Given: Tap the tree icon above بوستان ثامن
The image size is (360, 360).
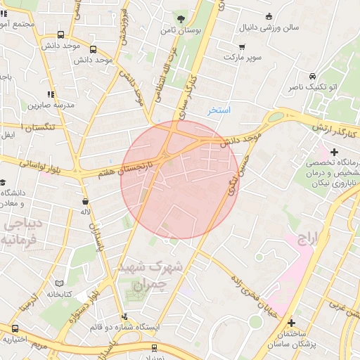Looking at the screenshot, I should point(181,19).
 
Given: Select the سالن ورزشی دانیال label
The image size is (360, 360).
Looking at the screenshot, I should point(271,29).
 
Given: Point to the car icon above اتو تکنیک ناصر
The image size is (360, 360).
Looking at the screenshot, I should point(310,76).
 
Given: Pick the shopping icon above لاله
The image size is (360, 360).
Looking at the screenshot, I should point(85,200).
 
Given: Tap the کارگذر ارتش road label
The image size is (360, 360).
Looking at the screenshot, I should point(335,129).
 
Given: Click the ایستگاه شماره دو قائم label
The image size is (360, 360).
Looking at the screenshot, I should point(129,328).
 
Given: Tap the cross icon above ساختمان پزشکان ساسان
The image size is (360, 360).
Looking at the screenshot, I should point(291,323).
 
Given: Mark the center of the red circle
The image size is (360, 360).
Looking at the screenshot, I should point(180,180).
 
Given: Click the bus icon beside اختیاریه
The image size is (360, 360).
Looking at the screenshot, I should point(15,328).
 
